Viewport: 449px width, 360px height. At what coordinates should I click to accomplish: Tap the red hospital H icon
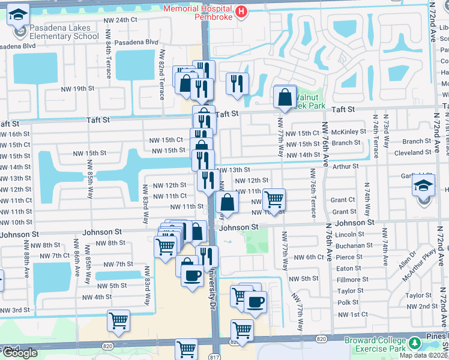[241, 11]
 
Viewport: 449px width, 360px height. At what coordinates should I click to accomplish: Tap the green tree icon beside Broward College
[414, 344]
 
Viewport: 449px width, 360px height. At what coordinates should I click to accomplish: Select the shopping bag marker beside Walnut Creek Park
[285, 96]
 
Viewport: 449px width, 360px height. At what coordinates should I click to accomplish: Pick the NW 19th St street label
[78, 88]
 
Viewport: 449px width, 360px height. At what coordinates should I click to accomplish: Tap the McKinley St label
[348, 132]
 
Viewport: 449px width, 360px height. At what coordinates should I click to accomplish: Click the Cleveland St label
[413, 152]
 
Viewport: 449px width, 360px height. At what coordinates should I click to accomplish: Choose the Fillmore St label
[353, 280]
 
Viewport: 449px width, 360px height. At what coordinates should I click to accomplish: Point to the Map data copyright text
[423, 355]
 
